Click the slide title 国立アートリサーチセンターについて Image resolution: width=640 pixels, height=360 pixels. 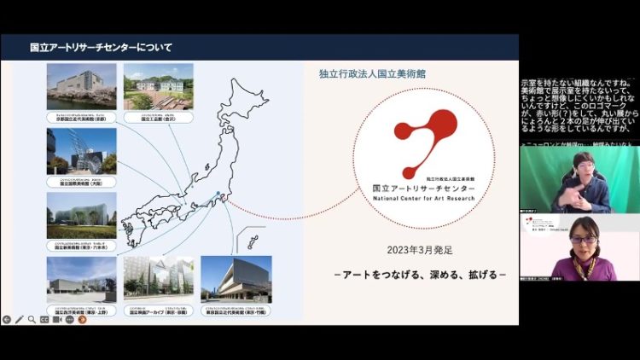click(100, 47)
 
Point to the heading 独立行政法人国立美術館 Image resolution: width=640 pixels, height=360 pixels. click(372, 73)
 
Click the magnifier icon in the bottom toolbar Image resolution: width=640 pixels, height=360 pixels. click(32, 319)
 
